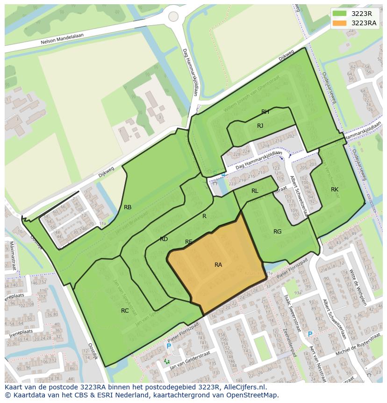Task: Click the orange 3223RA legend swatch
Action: [x=340, y=23]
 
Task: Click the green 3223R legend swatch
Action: [x=340, y=14]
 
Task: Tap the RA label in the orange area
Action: [x=218, y=265]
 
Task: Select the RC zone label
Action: [x=125, y=310]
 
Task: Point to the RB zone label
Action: [x=128, y=207]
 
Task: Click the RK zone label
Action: [x=335, y=190]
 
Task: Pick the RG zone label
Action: [x=278, y=232]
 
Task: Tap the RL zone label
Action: [x=255, y=191]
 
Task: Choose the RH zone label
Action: [x=265, y=112]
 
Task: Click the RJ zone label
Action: [x=260, y=126]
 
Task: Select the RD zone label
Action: [x=164, y=239]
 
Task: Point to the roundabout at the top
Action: [x=173, y=16]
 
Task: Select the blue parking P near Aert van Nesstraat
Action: [x=310, y=334]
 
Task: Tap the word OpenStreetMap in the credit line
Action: [x=253, y=395]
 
